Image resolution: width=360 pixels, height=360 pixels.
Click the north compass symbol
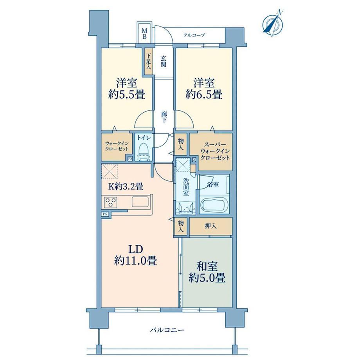(273, 23)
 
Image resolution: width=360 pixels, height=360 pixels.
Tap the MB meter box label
(144, 34)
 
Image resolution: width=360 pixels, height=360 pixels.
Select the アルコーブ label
(194, 35)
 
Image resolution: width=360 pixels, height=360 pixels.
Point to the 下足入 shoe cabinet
(149, 61)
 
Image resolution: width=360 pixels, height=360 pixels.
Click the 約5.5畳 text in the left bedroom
(127, 94)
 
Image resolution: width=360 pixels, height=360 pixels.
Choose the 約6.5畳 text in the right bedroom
(204, 94)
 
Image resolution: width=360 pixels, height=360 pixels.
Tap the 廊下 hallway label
(164, 117)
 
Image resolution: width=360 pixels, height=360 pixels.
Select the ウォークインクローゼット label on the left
(117, 146)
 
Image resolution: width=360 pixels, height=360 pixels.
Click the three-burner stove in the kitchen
(111, 202)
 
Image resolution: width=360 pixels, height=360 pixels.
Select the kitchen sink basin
(140, 202)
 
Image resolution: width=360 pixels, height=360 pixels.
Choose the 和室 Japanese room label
(207, 267)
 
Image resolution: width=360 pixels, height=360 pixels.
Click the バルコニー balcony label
(167, 330)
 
